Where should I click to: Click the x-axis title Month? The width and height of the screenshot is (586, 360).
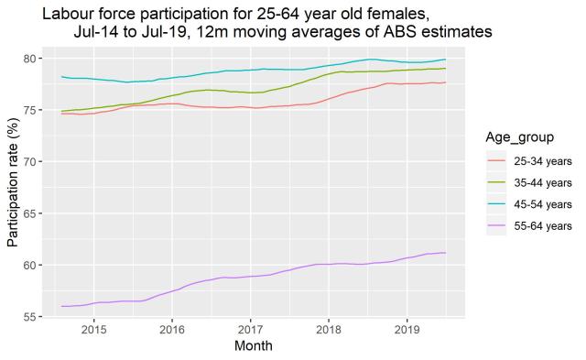click(253, 347)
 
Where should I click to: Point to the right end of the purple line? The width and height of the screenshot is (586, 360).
click(446, 253)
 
